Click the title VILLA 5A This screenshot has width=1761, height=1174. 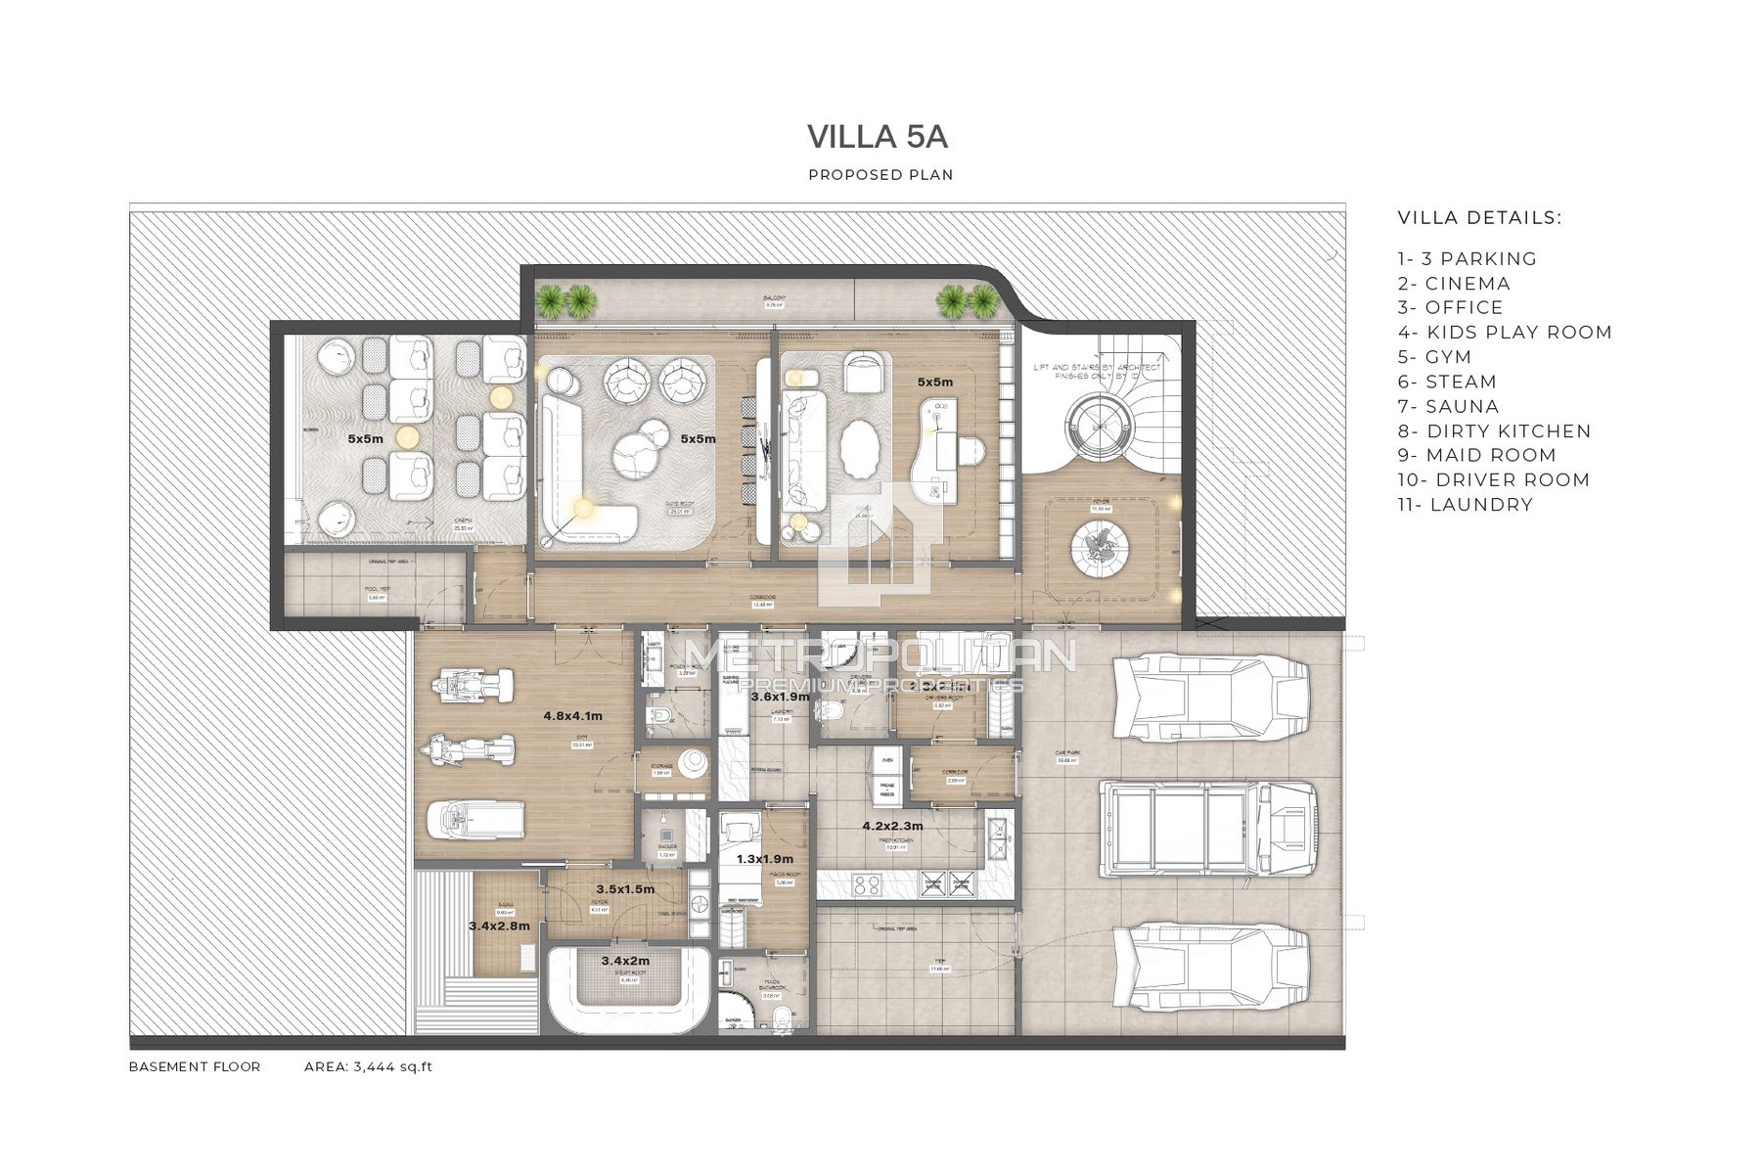click(x=878, y=137)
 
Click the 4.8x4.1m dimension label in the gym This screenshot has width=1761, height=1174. click(x=572, y=716)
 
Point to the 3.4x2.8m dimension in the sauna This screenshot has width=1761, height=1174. click(x=499, y=926)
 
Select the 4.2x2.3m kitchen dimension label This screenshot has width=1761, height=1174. click(x=892, y=826)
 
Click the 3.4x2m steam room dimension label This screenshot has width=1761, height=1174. click(x=625, y=961)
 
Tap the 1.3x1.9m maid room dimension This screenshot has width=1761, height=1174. click(x=764, y=859)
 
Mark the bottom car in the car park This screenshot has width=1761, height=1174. click(x=1211, y=968)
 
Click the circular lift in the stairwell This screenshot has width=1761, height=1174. click(x=1101, y=427)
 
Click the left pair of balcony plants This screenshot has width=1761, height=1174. click(x=566, y=299)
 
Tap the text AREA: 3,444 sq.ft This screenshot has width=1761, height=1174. click(x=368, y=1066)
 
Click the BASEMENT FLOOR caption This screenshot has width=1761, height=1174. click(x=195, y=1066)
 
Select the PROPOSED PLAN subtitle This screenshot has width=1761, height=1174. click(x=880, y=175)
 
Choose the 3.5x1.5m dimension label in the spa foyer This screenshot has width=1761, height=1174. click(x=625, y=890)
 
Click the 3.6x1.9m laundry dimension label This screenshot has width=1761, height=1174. click(x=780, y=697)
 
